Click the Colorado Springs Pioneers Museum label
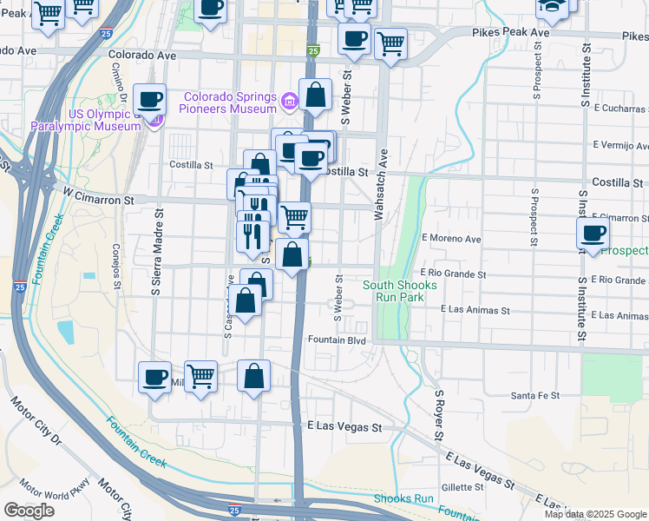[x=229, y=102]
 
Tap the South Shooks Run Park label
[x=392, y=290]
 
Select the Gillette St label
[x=460, y=487]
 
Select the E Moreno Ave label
[x=450, y=238]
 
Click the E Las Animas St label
[x=473, y=308]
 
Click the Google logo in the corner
[x=29, y=511]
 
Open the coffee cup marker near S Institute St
[x=593, y=233]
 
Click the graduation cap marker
[x=550, y=8]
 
